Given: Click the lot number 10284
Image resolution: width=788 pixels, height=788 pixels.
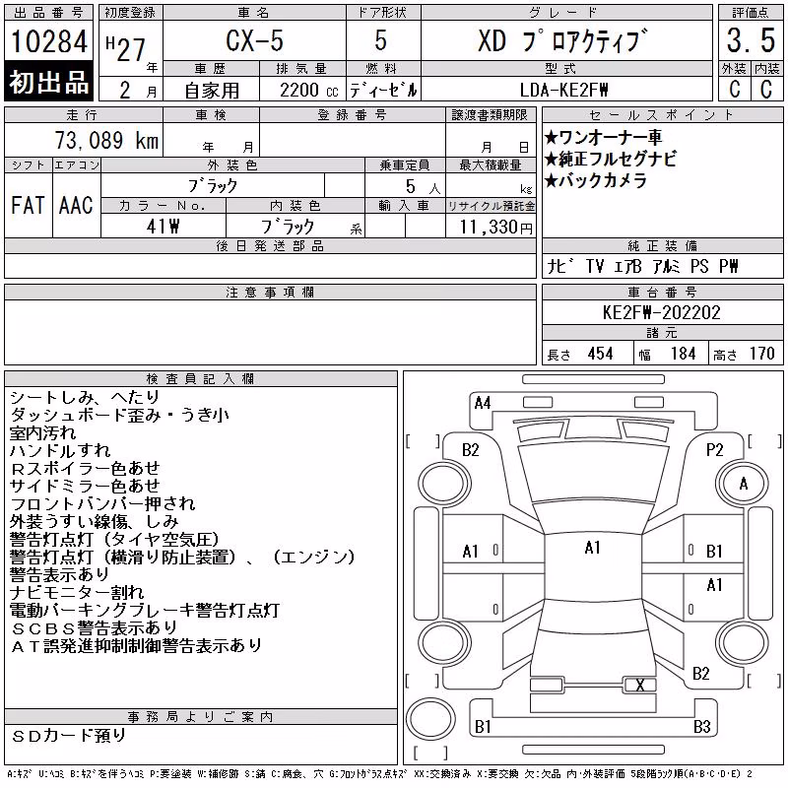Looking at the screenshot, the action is pyautogui.click(x=48, y=41).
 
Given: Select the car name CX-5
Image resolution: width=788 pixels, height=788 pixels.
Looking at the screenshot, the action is pyautogui.click(x=254, y=40).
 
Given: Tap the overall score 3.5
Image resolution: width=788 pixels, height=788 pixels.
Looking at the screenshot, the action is pyautogui.click(x=751, y=40).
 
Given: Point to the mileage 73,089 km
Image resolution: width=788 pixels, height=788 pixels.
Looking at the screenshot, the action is pyautogui.click(x=106, y=140).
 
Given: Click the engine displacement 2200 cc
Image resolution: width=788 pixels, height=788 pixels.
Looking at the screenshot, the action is pyautogui.click(x=308, y=91).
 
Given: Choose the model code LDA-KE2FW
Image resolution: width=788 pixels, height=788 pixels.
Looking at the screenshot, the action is pyautogui.click(x=563, y=90).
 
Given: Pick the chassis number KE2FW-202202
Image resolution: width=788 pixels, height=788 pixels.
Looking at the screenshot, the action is pyautogui.click(x=661, y=312).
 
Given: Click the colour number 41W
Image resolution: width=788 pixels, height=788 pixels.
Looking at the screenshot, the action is pyautogui.click(x=163, y=227).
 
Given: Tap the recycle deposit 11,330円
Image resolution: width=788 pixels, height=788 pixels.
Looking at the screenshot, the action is pyautogui.click(x=495, y=227).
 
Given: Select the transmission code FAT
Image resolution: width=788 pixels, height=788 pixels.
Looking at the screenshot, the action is pyautogui.click(x=28, y=205).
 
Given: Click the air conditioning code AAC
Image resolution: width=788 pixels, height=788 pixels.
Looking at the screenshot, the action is pyautogui.click(x=76, y=205).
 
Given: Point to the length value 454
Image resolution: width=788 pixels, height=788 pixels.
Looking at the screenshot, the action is pyautogui.click(x=600, y=354).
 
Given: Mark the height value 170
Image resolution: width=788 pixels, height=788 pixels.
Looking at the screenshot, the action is pyautogui.click(x=761, y=354).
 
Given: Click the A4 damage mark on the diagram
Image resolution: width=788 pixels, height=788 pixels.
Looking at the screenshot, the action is pyautogui.click(x=483, y=403).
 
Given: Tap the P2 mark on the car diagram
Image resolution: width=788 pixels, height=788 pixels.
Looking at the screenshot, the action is pyautogui.click(x=714, y=450).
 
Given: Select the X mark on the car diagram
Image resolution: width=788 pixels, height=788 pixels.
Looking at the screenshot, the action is pyautogui.click(x=639, y=685).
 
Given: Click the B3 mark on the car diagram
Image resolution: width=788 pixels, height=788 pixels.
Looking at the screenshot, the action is pyautogui.click(x=701, y=726).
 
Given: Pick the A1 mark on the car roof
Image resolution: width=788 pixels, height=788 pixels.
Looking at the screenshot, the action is pyautogui.click(x=593, y=548).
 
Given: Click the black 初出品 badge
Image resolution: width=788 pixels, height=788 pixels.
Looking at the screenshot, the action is pyautogui.click(x=48, y=82).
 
